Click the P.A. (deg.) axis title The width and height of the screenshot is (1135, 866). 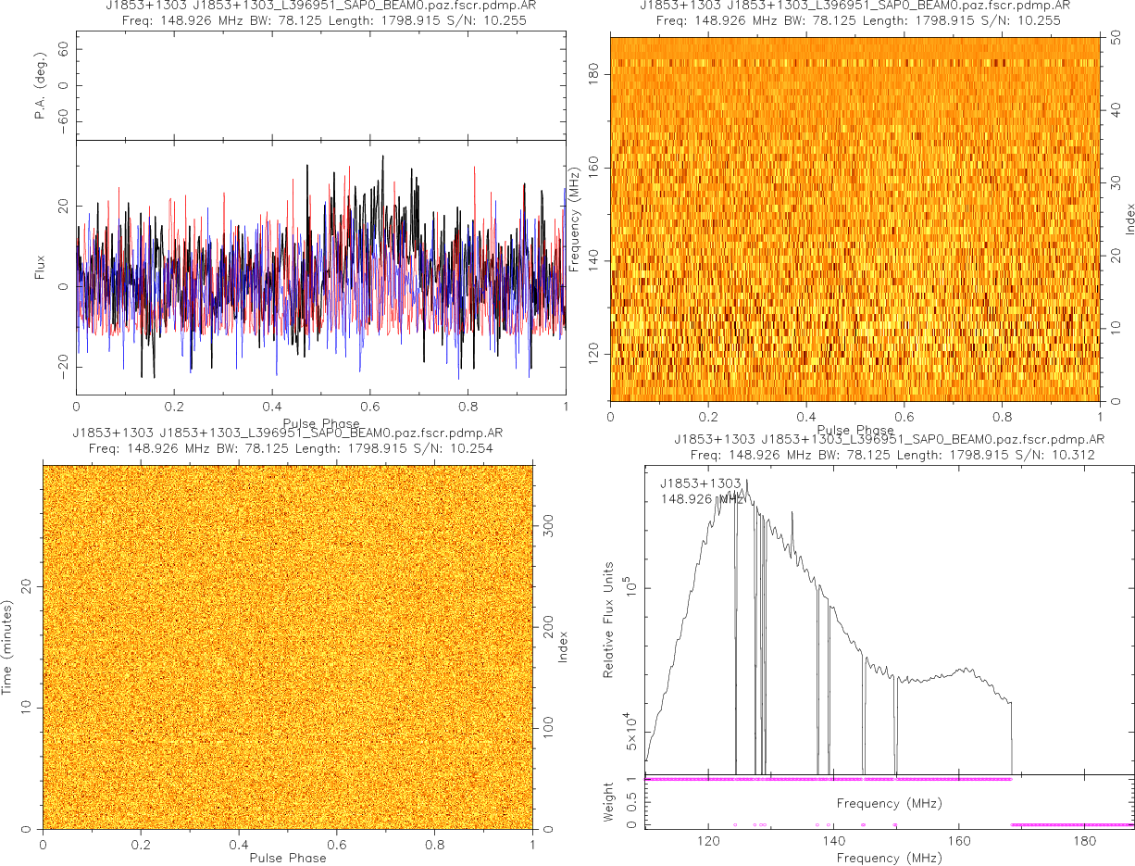tap(42, 86)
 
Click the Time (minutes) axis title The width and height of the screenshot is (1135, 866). tap(7, 646)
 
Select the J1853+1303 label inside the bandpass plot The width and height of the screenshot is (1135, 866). tap(701, 483)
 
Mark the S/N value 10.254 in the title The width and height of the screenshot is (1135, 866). tap(469, 448)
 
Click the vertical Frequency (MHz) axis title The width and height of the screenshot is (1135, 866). tap(575, 220)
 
